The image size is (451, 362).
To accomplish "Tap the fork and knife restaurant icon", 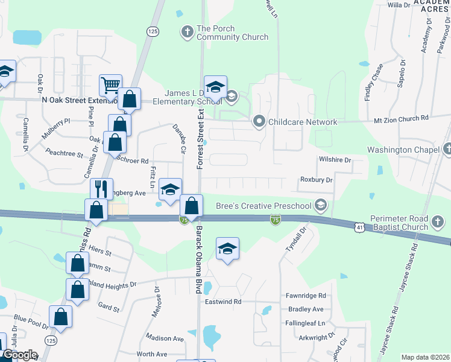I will pos(102,189).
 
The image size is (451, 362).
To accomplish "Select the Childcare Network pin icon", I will pos(259,121).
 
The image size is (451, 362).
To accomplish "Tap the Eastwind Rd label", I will pos(222,301).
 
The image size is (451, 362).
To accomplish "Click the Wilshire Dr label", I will pos(334,160).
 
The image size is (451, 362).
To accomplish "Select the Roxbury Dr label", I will pos(316,180).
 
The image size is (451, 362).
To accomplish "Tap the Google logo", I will pos(19,355).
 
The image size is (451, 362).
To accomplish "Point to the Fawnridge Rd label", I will pos(305,296).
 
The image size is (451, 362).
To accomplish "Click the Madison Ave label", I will pos(164,338).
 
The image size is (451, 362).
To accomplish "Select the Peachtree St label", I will pos(63,154).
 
